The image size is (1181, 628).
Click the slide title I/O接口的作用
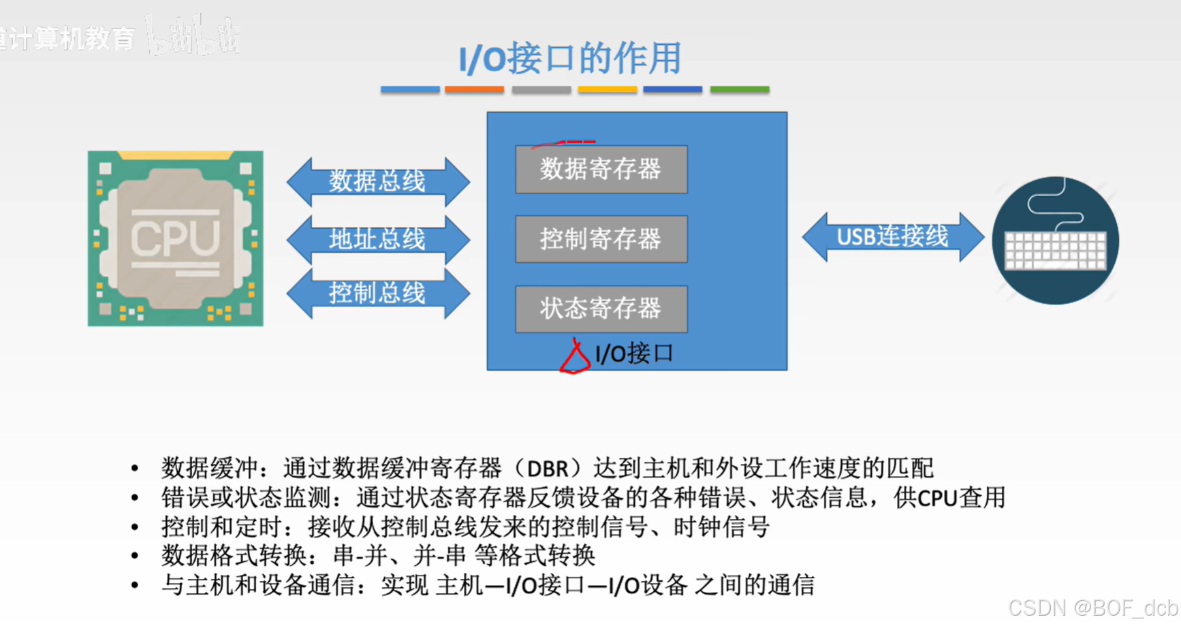[569, 59]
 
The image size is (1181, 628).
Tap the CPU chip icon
[175, 238]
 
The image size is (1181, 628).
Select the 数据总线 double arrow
[378, 181]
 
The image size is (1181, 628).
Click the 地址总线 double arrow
[378, 239]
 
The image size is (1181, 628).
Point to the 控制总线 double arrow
[378, 294]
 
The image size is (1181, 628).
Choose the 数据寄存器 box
[601, 169]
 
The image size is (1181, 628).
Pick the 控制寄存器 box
[601, 239]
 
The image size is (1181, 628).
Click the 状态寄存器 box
[601, 309]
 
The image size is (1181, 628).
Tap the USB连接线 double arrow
[892, 237]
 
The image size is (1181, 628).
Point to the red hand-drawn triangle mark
[574, 358]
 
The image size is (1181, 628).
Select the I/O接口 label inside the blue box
[633, 354]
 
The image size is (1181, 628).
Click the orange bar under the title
[474, 89]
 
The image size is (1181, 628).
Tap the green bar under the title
[739, 89]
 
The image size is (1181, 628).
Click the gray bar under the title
[541, 89]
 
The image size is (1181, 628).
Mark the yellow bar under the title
[607, 89]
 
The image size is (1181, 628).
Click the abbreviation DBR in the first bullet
[548, 469]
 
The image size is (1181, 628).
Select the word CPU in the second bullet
[937, 499]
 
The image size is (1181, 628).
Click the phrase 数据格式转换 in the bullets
[234, 556]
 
